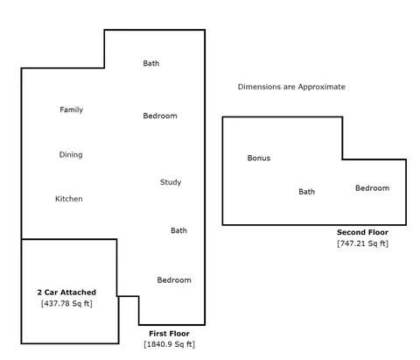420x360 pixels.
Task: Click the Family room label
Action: click(72, 109)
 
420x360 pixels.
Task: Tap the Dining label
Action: click(71, 154)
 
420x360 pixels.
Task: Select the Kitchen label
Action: click(69, 199)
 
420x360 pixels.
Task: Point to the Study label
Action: click(171, 182)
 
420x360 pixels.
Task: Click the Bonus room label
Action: click(259, 158)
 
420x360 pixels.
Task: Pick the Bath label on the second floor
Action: click(307, 192)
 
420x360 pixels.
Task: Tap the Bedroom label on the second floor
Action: click(373, 188)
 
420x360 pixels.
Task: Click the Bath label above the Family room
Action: click(151, 63)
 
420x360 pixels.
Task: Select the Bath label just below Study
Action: click(178, 230)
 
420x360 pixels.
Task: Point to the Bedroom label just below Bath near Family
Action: click(160, 116)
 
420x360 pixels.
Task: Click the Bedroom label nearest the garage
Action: click(174, 280)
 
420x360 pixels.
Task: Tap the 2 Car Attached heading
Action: click(66, 293)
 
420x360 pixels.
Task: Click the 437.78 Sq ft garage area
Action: click(66, 304)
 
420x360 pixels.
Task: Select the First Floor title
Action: click(169, 334)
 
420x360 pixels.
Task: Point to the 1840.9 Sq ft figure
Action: click(169, 344)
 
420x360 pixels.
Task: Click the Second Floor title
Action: click(362, 232)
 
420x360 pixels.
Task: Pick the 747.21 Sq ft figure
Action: click(362, 244)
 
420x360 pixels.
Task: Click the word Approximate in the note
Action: click(322, 87)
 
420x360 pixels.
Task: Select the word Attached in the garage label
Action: click(79, 293)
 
